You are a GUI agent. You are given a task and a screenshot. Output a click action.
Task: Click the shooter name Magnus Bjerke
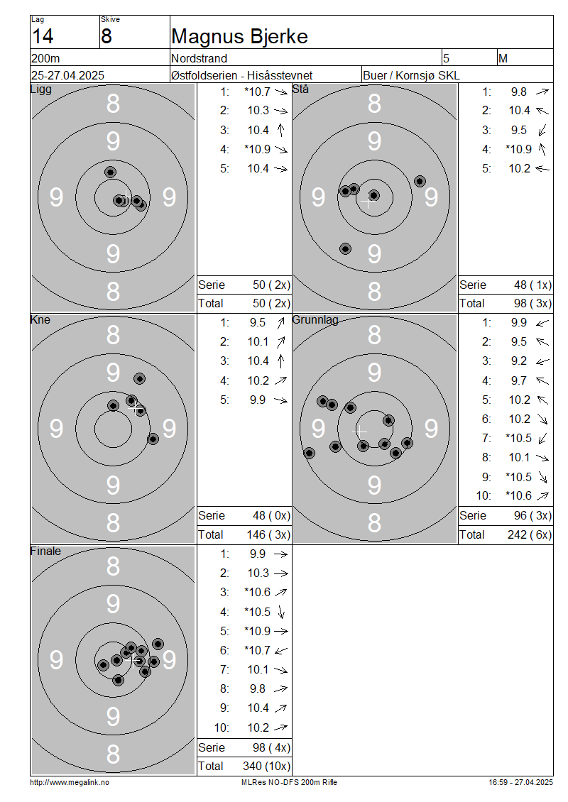pos(239,37)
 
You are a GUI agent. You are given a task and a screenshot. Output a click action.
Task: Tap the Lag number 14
pos(43,36)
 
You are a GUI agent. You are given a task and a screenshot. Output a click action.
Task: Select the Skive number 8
pos(106,36)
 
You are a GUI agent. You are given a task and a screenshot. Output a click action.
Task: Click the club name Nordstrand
pos(199,58)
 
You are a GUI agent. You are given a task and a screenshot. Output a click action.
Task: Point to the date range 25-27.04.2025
pos(67,75)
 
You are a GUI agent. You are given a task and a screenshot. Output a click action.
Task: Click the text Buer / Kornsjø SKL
pos(411,75)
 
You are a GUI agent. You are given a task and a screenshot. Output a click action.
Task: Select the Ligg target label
pos(41,89)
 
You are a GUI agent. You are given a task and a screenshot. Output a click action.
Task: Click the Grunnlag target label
pos(315,319)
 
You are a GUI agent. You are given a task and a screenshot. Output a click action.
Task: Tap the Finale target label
pos(45,551)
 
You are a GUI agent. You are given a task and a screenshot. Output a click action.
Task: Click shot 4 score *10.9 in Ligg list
pos(258,149)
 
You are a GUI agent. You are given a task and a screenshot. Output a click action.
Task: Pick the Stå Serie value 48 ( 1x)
pos(532,285)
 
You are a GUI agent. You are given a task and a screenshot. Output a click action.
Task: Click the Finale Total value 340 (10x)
pos(266,766)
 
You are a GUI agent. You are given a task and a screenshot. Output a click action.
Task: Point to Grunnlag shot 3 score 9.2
pos(519,361)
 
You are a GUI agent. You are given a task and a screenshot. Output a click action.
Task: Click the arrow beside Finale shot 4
pos(281,612)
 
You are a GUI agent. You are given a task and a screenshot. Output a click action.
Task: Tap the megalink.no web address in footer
pos(70,782)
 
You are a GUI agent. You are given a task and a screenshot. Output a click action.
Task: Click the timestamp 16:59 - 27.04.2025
pos(520,782)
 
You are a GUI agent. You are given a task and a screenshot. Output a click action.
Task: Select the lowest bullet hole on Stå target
pos(345,249)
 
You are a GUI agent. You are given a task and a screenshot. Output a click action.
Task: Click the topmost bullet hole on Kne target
pos(139,378)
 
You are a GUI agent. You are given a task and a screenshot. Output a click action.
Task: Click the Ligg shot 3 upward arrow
pos(280,130)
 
